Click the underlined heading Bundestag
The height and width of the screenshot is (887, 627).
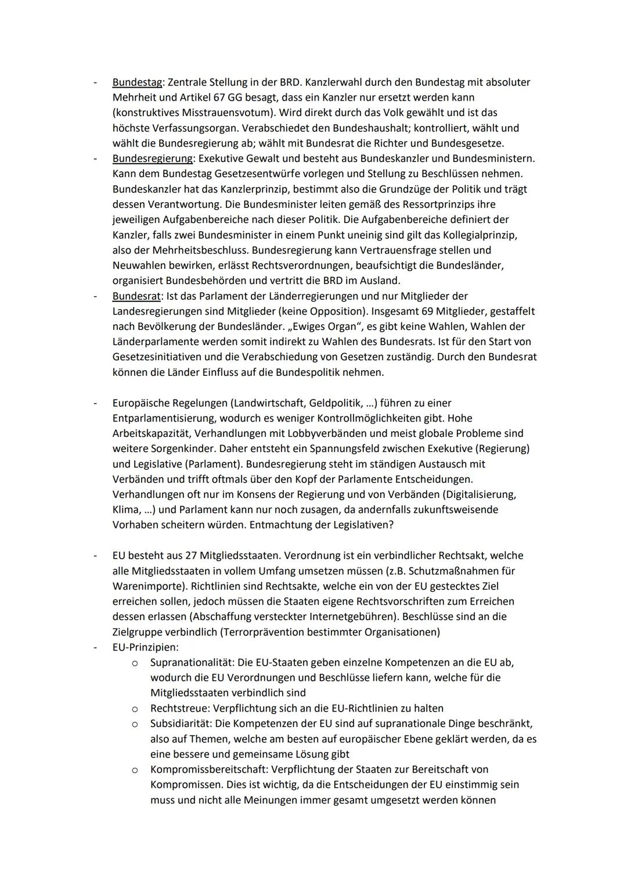(137, 82)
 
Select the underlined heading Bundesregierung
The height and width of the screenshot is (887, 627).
(152, 159)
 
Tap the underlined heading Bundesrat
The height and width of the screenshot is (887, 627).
(136, 296)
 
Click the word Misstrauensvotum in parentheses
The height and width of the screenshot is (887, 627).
(212, 113)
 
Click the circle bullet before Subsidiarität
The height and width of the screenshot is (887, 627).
(134, 724)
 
